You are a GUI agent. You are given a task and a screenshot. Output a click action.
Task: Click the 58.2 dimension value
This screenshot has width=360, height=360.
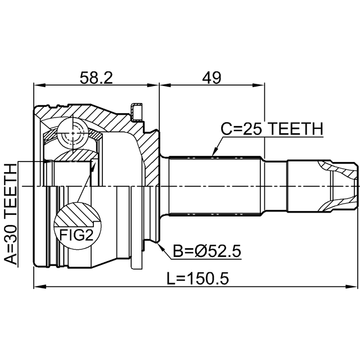click(96, 78)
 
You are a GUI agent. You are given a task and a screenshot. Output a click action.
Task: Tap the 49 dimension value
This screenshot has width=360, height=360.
click(211, 78)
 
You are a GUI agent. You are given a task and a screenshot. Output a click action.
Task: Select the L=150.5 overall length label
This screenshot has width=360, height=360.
click(197, 278)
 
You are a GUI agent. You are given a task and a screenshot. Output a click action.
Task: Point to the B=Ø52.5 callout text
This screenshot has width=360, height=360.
click(207, 251)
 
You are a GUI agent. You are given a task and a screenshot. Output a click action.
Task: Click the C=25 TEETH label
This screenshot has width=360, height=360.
click(272, 129)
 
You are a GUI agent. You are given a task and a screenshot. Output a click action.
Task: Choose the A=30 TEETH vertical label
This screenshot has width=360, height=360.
click(11, 214)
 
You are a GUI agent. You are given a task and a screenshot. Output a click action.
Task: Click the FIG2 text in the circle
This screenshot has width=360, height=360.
click(76, 235)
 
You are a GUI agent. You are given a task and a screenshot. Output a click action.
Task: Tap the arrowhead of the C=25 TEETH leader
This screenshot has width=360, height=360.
click(215, 152)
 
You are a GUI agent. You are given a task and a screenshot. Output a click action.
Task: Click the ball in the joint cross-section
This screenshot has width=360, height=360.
click(73, 133)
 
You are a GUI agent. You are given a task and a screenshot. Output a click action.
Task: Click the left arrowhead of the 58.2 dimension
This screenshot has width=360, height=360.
click(39, 85)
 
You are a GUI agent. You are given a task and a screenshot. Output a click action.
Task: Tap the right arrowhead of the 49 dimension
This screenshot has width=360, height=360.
click(259, 85)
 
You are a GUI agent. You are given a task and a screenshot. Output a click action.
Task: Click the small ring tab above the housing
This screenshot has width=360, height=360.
click(136, 112)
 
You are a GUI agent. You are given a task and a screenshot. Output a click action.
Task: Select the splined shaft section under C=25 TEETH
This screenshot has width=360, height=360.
click(215, 186)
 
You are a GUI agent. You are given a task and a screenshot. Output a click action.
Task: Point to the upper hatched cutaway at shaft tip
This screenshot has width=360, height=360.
click(337, 169)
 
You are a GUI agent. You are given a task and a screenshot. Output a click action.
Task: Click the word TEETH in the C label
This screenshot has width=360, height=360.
click(296, 129)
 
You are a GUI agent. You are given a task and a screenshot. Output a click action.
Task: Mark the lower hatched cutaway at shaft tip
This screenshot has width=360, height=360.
click(337, 203)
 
